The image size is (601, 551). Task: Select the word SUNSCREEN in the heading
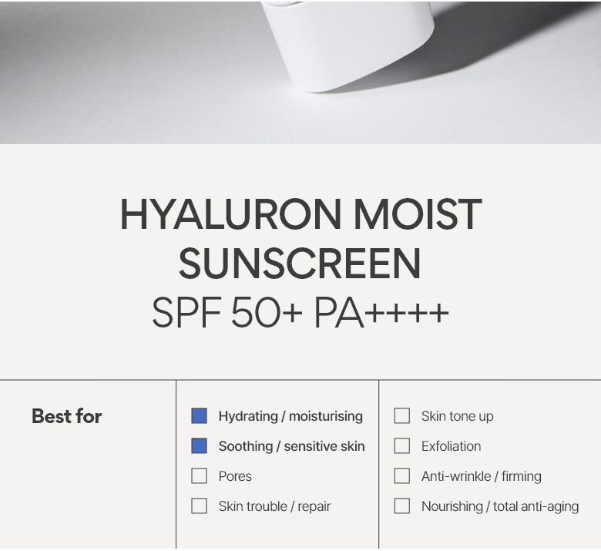click(x=300, y=264)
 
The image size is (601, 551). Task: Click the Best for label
click(x=66, y=416)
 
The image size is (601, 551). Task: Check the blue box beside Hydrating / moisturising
click(x=199, y=416)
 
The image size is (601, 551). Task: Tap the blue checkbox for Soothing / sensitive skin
click(x=199, y=446)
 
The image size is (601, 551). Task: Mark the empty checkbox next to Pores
click(x=199, y=476)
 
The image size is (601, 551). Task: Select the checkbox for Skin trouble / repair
click(x=199, y=506)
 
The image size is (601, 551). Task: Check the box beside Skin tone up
click(x=401, y=416)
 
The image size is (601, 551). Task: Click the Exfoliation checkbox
click(x=401, y=446)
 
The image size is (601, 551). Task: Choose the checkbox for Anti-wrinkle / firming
click(x=401, y=476)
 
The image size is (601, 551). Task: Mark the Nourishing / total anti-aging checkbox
click(x=401, y=506)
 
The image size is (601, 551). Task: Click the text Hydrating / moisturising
click(x=290, y=416)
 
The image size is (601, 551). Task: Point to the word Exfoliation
click(x=451, y=446)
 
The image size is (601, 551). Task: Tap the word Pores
click(x=235, y=476)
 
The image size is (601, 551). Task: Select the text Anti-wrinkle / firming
click(x=481, y=476)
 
